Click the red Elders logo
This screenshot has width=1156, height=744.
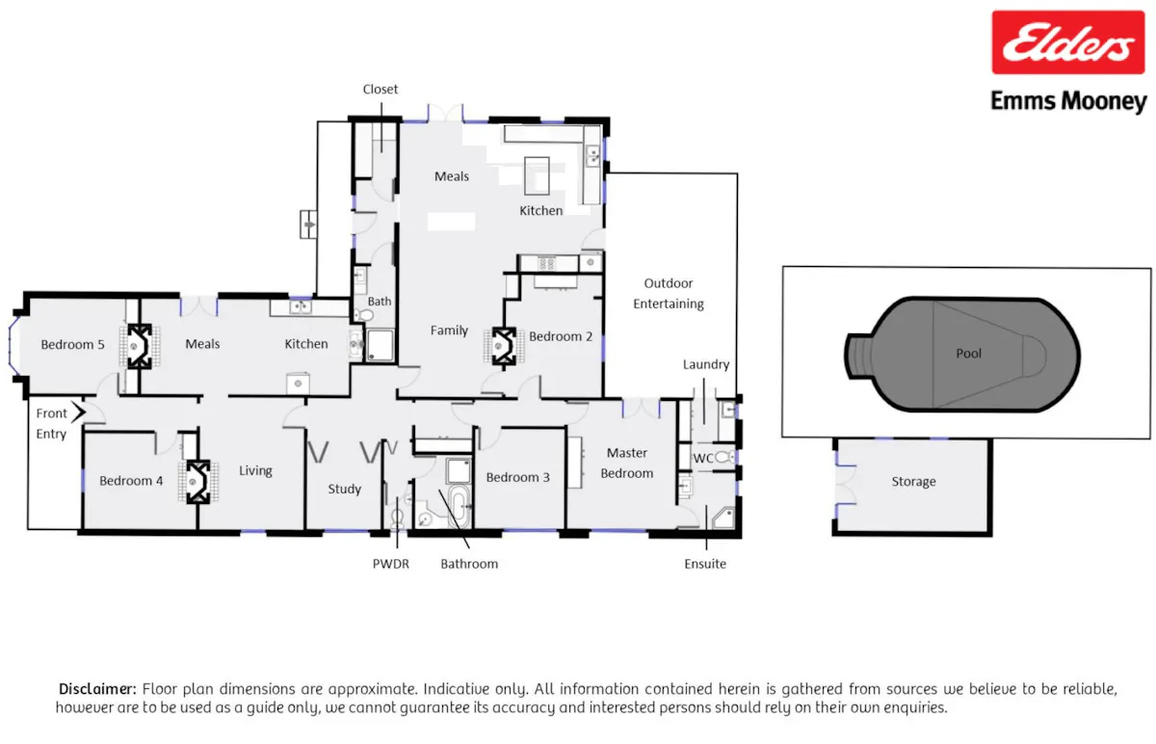coord(1067,41)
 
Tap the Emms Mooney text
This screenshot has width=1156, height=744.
coord(1068,101)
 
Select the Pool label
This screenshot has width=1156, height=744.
coord(969,354)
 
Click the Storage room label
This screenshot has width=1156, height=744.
coord(913,482)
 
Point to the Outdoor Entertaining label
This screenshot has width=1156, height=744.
coord(669,293)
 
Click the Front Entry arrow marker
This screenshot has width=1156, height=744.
coord(79,412)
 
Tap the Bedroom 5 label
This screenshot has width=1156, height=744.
coord(72,344)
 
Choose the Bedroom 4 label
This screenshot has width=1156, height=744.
coord(131,481)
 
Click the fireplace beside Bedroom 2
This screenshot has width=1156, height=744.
coord(504,346)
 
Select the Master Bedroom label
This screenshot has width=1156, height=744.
coord(626,464)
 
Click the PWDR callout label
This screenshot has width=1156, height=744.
coord(391,564)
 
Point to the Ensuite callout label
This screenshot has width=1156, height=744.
coord(705,564)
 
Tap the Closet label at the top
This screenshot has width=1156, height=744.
coord(381,90)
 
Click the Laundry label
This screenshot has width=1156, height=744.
coord(706,365)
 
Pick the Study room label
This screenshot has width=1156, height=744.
coord(344,489)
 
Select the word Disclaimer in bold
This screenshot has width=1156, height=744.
coord(97,689)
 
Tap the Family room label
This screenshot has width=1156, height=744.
coord(449,331)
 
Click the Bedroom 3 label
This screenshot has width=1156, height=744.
coord(517,478)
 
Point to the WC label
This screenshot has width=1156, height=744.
coord(703,459)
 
